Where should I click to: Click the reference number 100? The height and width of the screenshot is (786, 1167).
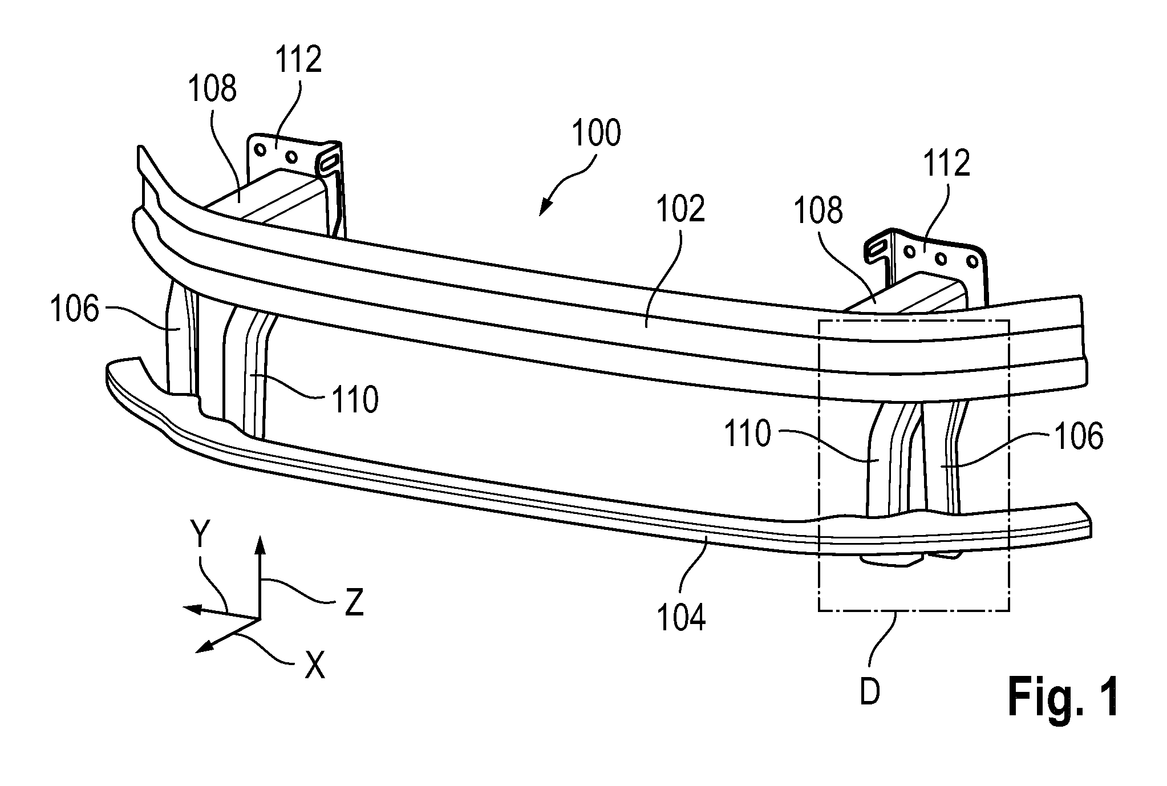596,133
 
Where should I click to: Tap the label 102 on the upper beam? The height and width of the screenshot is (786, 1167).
680,209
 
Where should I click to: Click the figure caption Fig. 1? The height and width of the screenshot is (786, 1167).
1063,696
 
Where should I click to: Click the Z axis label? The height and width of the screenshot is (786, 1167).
354,602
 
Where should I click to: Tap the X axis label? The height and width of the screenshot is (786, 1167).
314,665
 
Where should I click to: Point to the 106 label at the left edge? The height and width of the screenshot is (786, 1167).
74,311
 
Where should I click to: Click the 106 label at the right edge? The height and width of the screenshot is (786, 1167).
1079,436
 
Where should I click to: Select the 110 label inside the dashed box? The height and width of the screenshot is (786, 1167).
748,434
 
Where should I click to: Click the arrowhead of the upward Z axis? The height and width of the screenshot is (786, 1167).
260,545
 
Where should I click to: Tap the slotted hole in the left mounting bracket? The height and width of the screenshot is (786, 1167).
330,160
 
